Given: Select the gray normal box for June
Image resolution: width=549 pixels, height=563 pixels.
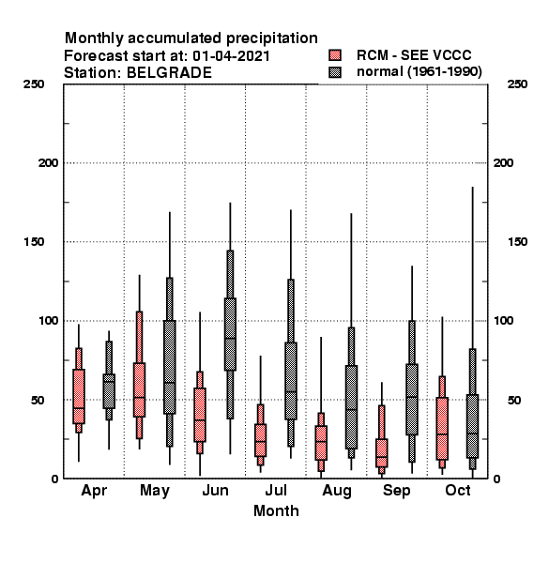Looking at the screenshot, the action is [x=230, y=334].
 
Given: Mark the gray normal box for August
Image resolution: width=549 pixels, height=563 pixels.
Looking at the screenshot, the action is [x=351, y=407].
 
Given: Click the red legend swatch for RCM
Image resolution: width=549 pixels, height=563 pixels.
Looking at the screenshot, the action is [x=335, y=55].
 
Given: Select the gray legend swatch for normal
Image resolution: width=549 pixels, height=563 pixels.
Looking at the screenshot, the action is [x=335, y=72].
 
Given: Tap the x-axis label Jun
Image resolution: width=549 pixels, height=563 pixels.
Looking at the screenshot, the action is [x=215, y=491].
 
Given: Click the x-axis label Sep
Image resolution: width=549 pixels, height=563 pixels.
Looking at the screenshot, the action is [x=396, y=491].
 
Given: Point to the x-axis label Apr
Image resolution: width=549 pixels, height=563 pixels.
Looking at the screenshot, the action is [x=94, y=491].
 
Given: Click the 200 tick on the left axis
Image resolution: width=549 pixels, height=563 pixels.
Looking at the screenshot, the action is [x=48, y=163].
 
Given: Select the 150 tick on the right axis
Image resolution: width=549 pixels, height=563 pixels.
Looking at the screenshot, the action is [x=517, y=242].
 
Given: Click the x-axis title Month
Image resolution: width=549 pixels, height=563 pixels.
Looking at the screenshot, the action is [x=276, y=511].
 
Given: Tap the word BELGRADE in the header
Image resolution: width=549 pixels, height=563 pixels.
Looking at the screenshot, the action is [x=169, y=73].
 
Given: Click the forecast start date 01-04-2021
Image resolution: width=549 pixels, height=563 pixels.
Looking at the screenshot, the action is [x=231, y=56].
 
